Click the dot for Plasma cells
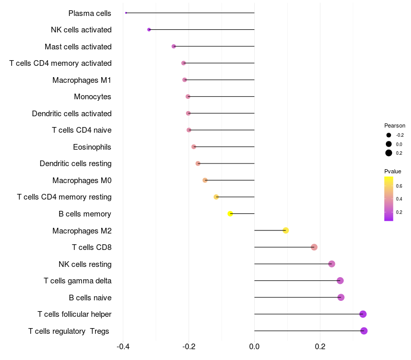(126, 13)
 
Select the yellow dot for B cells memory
(231, 213)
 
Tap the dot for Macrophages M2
(286, 230)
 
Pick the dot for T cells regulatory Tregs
(364, 331)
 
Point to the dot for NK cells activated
(149, 30)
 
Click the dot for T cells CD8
(314, 247)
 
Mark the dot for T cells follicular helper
(363, 314)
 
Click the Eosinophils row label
(92, 147)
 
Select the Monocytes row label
(92, 97)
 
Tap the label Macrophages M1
(82, 80)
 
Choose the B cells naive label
(90, 298)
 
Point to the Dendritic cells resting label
(76, 164)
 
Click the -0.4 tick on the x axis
(123, 347)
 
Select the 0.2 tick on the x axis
(320, 347)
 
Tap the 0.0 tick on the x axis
(254, 347)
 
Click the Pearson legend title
(395, 125)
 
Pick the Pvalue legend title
(393, 171)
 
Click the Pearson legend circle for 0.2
(389, 153)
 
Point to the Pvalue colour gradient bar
(389, 199)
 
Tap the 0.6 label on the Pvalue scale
(399, 186)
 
